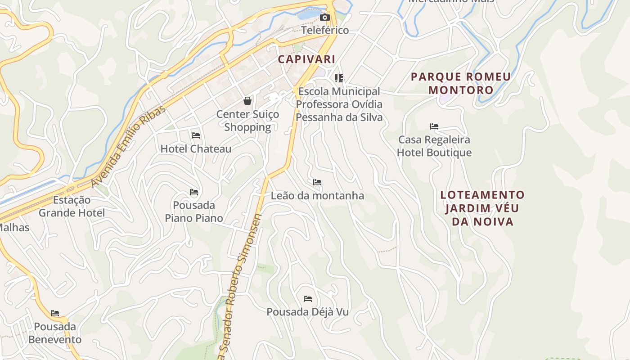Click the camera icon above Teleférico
(324, 18)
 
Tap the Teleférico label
(325, 30)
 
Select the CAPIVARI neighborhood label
(306, 59)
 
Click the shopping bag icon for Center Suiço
(247, 101)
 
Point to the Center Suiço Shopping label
(247, 121)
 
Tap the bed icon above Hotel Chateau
(196, 135)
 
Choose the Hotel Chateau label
(196, 148)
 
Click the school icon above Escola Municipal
(339, 78)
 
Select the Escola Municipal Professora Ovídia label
(339, 104)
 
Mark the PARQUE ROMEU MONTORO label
(461, 83)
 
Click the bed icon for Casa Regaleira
(434, 126)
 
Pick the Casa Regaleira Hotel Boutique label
(434, 146)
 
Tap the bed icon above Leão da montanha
(317, 182)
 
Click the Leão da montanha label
(317, 196)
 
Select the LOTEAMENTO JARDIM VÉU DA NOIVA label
(482, 208)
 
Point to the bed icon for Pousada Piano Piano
(194, 192)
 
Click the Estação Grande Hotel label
(72, 206)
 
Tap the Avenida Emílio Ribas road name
(128, 147)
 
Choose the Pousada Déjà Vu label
(307, 312)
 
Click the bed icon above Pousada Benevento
(55, 313)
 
